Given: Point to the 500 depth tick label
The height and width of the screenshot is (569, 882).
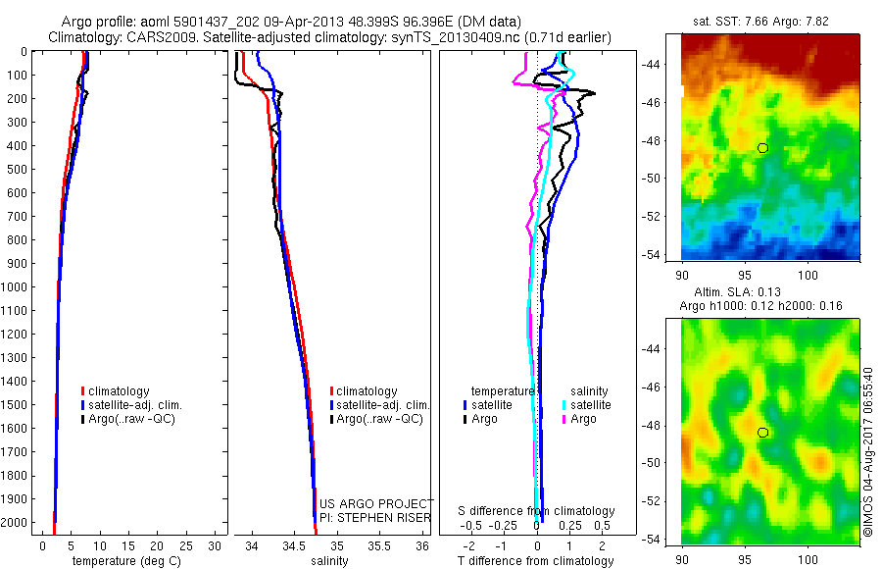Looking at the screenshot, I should tap(17, 169).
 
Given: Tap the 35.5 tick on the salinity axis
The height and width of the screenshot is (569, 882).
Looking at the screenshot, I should tap(379, 545).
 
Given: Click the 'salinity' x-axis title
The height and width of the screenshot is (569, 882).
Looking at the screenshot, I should tap(330, 561).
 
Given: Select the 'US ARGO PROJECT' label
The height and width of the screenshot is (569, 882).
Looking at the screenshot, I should tap(376, 503).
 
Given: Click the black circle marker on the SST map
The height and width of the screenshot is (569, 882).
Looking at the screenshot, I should tap(762, 148).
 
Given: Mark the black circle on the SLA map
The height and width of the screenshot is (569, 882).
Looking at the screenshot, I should tap(762, 433).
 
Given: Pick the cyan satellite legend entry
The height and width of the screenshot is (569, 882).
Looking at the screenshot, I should tap(587, 404).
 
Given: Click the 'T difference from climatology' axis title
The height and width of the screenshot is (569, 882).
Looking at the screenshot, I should tap(536, 561).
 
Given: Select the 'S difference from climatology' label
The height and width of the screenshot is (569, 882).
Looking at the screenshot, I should tap(537, 511).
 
